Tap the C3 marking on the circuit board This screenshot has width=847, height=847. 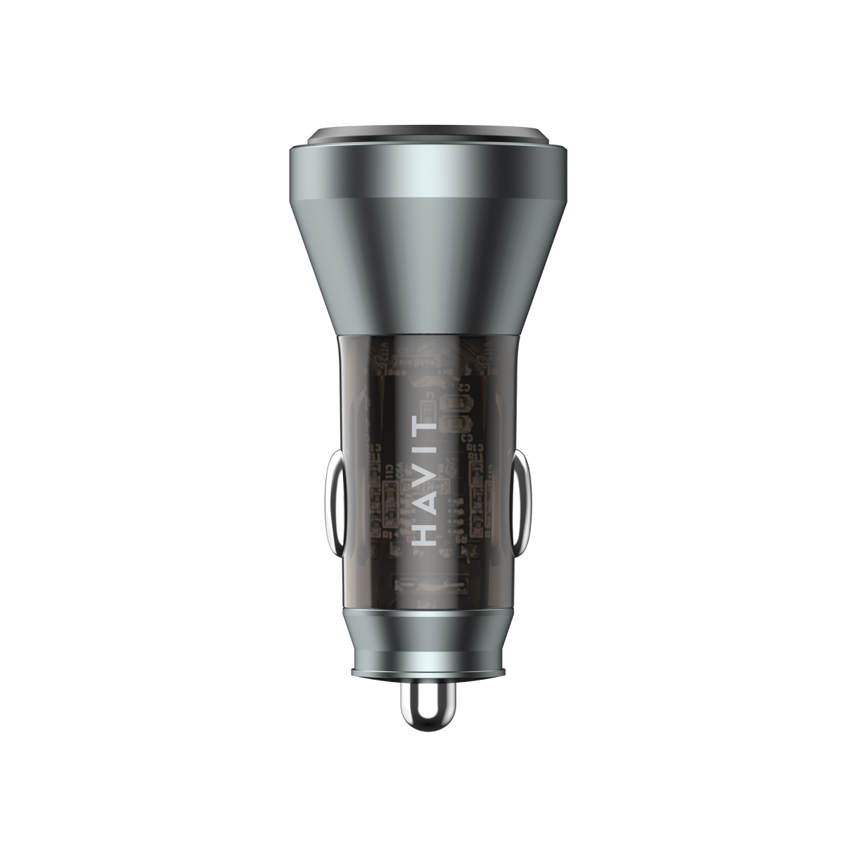click(x=467, y=438)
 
